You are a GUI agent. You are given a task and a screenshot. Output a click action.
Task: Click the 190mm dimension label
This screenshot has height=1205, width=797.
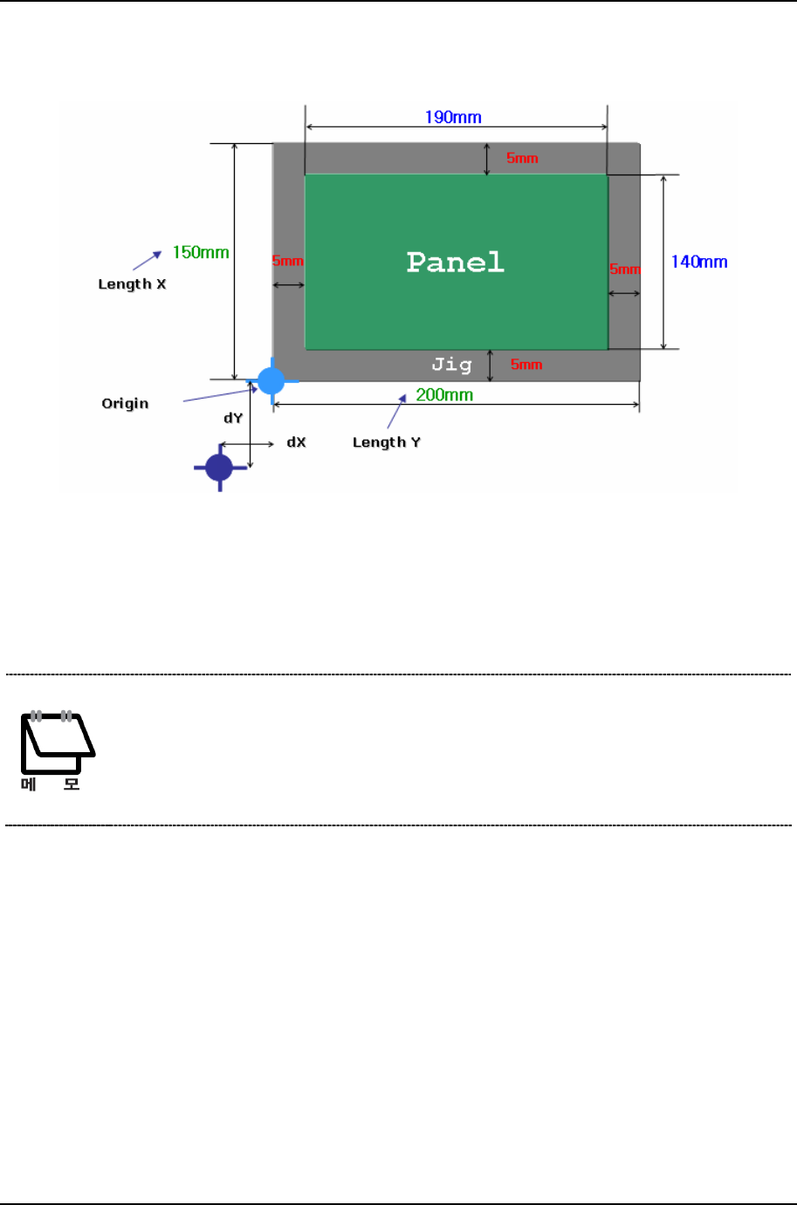[x=453, y=117]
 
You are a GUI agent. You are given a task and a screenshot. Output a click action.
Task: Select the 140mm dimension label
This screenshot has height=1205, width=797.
[x=698, y=262]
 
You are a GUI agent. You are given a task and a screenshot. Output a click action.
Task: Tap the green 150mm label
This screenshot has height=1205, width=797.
[x=201, y=252]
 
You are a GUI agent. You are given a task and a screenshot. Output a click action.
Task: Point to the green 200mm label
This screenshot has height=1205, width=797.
[x=444, y=394]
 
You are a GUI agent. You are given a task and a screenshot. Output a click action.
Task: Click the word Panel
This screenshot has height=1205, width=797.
[x=456, y=262]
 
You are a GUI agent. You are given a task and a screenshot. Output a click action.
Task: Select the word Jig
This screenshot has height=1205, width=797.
[x=451, y=365]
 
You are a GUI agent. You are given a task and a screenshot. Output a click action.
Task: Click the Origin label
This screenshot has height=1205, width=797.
[x=125, y=403]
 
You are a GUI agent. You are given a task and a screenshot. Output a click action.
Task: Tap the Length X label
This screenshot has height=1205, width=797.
[x=132, y=284]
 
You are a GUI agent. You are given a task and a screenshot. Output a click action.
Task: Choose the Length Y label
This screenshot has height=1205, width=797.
[x=387, y=442]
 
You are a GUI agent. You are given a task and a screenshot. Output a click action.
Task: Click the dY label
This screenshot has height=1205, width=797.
[x=233, y=418]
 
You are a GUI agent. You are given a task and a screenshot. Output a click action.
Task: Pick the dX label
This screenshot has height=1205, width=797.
[x=297, y=442]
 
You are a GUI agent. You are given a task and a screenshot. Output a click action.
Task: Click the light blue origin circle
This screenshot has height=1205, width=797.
[x=271, y=381]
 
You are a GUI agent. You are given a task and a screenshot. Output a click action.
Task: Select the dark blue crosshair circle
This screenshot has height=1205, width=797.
[x=219, y=468]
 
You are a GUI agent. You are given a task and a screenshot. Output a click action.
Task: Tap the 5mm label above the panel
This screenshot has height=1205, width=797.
[x=522, y=158]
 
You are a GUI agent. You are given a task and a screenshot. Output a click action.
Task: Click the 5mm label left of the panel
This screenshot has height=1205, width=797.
[x=287, y=261]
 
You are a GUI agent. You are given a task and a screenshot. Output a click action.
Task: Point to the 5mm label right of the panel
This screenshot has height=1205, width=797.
[x=625, y=269]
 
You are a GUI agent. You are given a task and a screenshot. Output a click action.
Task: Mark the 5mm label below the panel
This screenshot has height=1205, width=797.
[x=526, y=365]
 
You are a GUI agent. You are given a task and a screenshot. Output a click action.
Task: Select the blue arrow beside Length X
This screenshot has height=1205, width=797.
[x=148, y=260]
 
